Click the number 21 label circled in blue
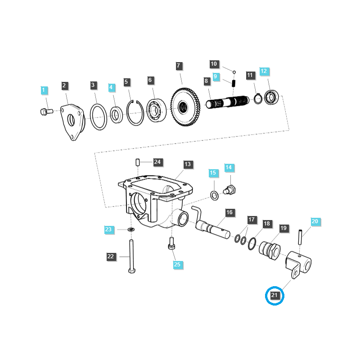[x=275, y=296]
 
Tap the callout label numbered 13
[x=188, y=164]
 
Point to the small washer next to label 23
[x=131, y=230]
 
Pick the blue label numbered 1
[x=44, y=90]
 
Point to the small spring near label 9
[x=234, y=83]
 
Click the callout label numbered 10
[x=214, y=64]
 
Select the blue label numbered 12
[x=264, y=71]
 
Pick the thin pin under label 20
[x=300, y=237]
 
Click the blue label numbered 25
[x=177, y=264]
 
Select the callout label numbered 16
[x=229, y=212]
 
